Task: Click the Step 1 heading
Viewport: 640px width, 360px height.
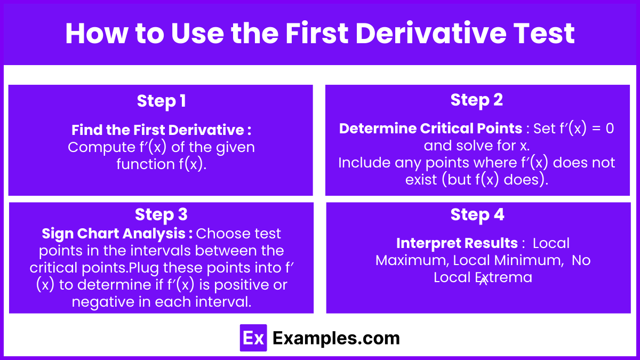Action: (162, 101)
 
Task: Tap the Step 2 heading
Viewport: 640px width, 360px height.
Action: (477, 100)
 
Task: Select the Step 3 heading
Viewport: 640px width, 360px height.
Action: (161, 215)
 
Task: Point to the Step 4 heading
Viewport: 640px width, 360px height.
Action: (477, 215)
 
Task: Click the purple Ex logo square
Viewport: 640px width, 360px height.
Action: (253, 338)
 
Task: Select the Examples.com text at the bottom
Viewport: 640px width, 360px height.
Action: (336, 338)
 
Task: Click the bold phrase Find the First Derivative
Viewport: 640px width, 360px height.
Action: (158, 130)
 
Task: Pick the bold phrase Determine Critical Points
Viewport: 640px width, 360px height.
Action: (430, 129)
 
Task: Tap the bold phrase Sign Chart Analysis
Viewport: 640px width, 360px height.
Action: (114, 234)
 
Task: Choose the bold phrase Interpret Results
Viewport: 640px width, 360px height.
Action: (457, 243)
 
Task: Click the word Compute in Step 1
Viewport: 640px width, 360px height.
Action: (101, 147)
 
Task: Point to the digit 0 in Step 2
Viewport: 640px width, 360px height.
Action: (610, 129)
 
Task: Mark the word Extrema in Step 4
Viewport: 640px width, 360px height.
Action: (503, 277)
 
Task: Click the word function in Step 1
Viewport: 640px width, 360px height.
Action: (146, 164)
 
